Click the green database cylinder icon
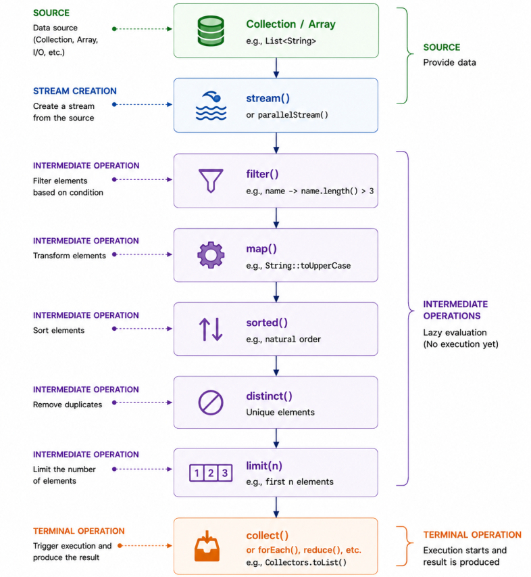211,31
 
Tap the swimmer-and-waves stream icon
211,106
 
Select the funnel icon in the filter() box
211,181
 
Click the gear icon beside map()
211,254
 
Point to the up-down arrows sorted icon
211,329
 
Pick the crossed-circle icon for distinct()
211,402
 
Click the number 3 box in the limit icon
225,473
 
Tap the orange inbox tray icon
207,546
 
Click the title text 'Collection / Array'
290,24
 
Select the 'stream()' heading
268,98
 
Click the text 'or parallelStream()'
287,115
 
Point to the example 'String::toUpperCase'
308,265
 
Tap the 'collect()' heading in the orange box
267,536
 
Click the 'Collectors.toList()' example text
306,562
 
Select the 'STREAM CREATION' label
74,91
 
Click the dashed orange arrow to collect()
145,546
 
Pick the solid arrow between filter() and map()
276,218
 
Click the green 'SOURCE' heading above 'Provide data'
441,47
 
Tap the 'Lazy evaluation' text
455,332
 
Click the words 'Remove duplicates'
68,405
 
